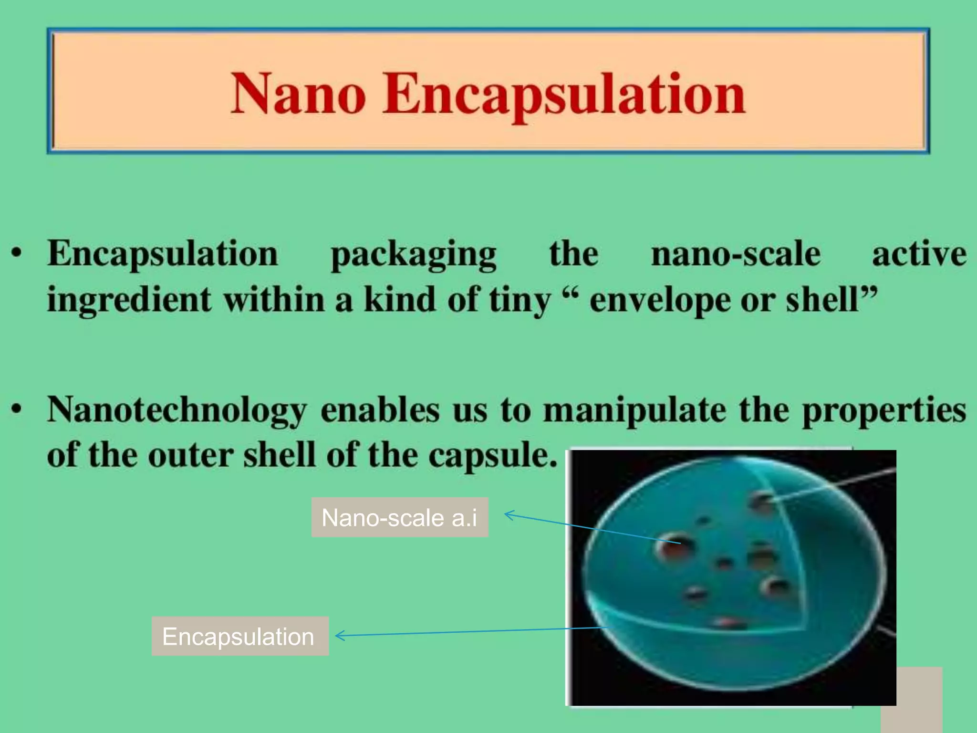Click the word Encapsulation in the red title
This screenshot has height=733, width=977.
coord(564,94)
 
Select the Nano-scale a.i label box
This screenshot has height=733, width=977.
coord(400,518)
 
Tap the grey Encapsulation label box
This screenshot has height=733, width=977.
coord(240,637)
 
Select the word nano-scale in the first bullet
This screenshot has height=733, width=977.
coord(736,254)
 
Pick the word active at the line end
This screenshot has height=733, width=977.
coord(919,254)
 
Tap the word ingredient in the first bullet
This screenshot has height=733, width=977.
coord(129,301)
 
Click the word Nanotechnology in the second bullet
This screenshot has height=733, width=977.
coord(177,410)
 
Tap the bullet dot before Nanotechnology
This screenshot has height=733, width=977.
coord(17,409)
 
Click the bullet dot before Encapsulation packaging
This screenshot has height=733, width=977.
coord(17,253)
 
